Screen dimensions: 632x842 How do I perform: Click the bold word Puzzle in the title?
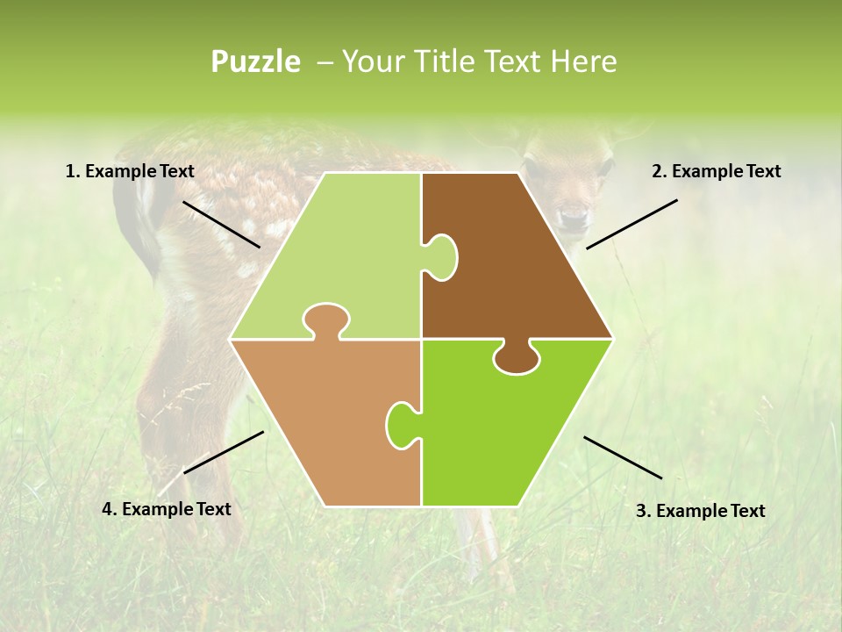[255, 61]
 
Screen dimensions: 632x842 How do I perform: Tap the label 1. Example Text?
[130, 172]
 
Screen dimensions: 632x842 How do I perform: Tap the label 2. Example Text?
[716, 172]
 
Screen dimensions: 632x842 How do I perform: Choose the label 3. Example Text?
[700, 511]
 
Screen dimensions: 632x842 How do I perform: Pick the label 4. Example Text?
[167, 509]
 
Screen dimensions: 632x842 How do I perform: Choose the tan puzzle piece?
[325, 413]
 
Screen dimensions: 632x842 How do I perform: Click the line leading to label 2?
[631, 224]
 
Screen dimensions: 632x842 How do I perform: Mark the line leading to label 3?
[623, 457]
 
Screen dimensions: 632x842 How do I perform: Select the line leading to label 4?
[224, 452]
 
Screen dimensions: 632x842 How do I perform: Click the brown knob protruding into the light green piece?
[442, 257]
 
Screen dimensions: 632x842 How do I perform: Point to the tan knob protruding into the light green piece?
[325, 319]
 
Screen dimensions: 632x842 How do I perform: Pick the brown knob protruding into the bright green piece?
[517, 358]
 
